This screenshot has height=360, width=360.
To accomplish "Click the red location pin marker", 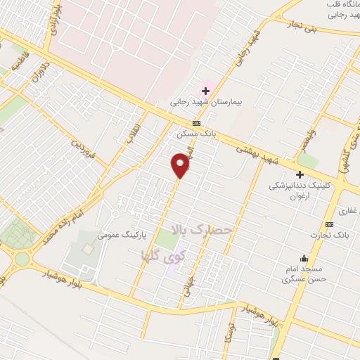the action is point(181,165).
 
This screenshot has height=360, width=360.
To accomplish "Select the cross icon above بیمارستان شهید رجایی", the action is point(206,90).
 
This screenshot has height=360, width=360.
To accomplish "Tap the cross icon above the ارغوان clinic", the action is point(300,174).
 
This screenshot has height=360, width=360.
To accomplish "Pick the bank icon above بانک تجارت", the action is point(331,224).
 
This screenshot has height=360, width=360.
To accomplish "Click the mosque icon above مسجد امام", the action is point(303,258).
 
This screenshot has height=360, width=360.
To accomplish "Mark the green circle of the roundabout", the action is point(22,259).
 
